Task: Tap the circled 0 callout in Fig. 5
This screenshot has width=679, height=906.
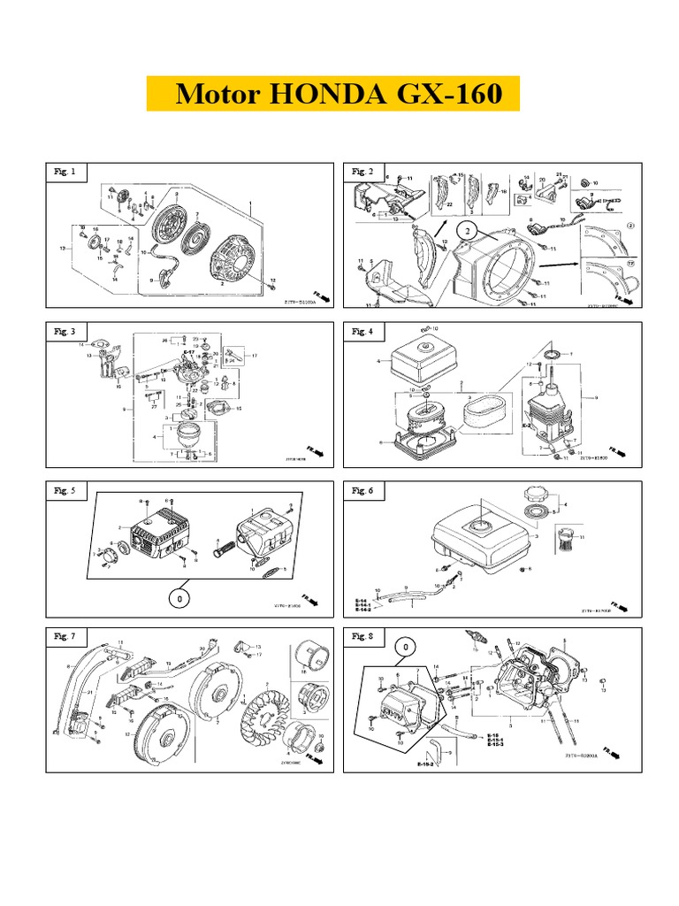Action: point(179,600)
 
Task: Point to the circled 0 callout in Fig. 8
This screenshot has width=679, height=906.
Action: point(406,648)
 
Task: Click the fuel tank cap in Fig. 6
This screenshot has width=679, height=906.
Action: point(537,493)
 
